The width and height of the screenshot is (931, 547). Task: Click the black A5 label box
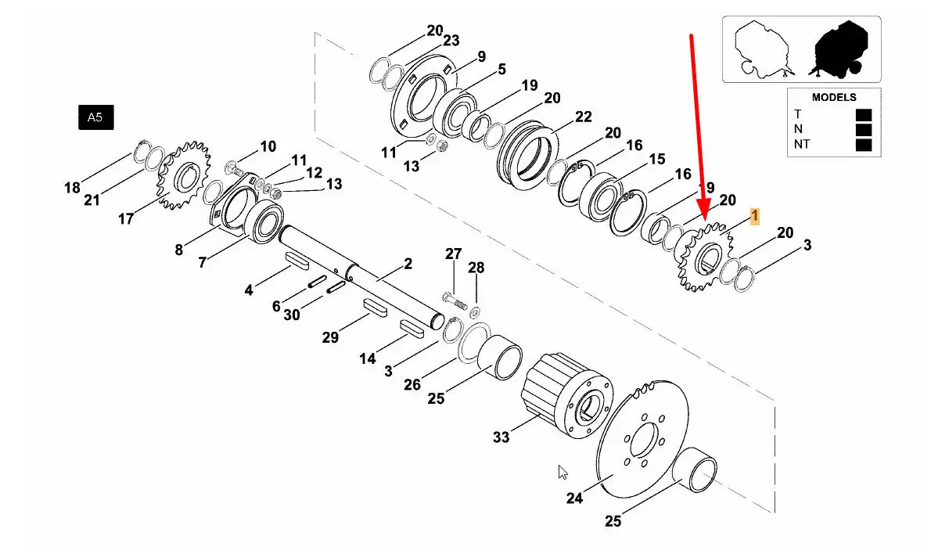[95, 118]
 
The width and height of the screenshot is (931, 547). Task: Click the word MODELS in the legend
[833, 98]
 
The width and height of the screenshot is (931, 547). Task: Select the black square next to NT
[863, 145]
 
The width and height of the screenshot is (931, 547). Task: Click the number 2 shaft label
[408, 264]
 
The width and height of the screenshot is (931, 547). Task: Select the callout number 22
[583, 117]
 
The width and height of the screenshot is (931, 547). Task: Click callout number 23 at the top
[451, 41]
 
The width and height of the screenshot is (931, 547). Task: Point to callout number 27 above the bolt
[454, 254]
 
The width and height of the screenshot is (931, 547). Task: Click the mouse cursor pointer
[562, 473]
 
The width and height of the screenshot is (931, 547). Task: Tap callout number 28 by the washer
[476, 268]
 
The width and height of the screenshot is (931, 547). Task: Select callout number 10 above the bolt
[268, 146]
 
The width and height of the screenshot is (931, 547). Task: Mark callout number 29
[331, 337]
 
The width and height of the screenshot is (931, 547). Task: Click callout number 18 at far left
[72, 188]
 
